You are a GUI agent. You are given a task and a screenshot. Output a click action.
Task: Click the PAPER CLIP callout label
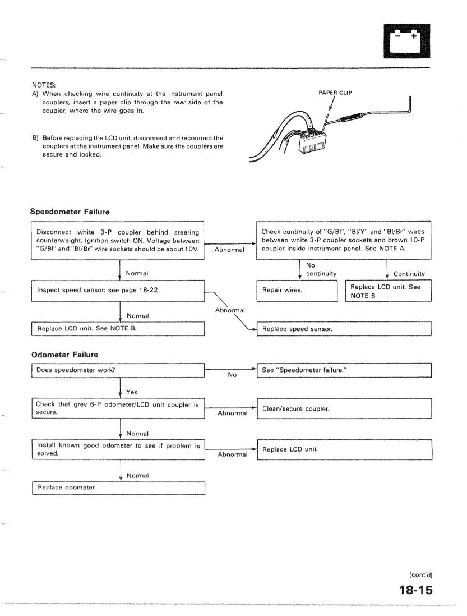(334, 93)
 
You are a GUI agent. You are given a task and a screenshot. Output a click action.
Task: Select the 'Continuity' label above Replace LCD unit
(410, 273)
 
